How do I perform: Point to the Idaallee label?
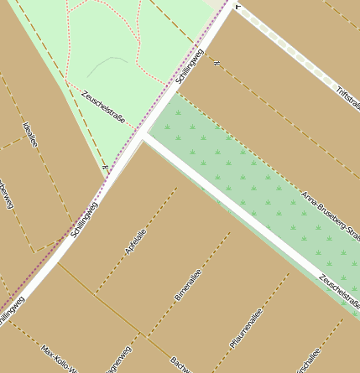(30, 134)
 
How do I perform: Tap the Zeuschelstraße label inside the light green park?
(103, 107)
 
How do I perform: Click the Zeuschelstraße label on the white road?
(340, 290)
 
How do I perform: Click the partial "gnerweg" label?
(117, 360)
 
